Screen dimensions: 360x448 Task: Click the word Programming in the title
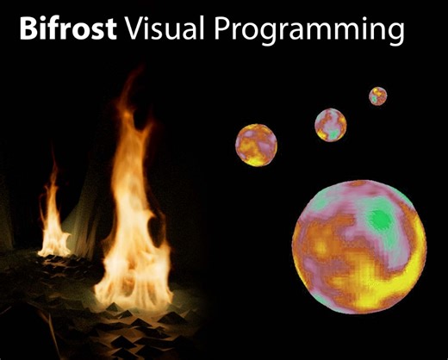click(309, 33)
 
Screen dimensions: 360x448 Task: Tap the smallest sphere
click(377, 96)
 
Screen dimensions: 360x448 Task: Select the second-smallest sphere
click(330, 125)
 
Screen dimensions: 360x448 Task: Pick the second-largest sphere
click(256, 145)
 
